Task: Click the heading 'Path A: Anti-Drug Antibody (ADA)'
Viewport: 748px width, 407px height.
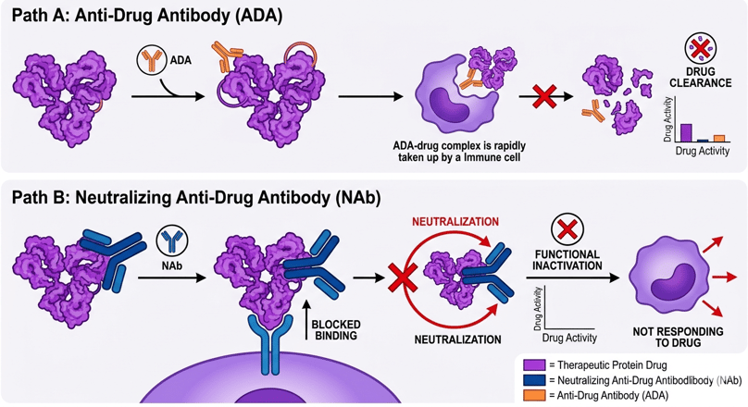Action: (x=147, y=16)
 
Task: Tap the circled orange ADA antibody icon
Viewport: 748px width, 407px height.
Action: (x=151, y=61)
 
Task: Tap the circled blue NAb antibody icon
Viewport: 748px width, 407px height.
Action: (x=172, y=240)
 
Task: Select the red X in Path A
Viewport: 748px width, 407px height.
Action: (x=544, y=95)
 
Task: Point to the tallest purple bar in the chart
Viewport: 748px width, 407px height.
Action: (x=686, y=132)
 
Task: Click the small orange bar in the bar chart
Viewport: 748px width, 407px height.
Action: (x=718, y=139)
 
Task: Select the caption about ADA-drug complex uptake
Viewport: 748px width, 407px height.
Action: (x=455, y=152)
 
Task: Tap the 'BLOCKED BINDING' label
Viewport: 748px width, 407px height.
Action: (x=336, y=329)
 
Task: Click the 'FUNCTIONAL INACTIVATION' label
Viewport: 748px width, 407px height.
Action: (x=567, y=259)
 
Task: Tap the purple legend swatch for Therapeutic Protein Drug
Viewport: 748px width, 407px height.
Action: (x=534, y=365)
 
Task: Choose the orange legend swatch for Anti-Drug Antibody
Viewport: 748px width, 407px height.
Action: (x=534, y=395)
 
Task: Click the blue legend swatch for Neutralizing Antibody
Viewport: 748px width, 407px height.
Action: (x=534, y=380)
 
